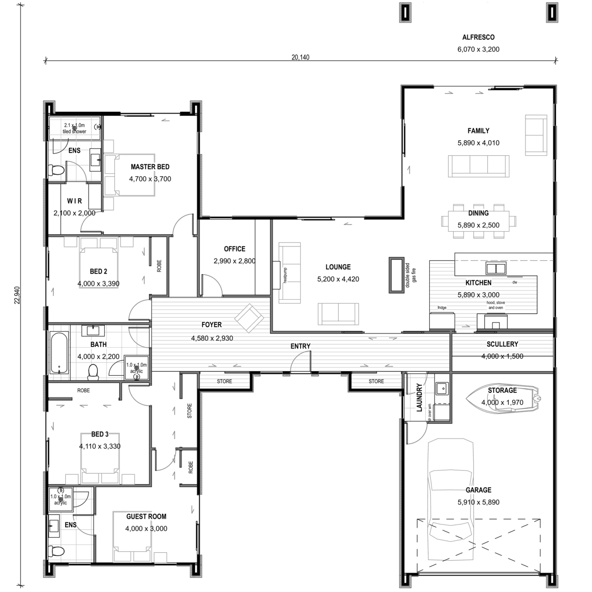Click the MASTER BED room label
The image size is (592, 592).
click(150, 167)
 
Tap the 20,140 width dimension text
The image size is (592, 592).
click(300, 57)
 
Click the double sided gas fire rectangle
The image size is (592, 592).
click(396, 275)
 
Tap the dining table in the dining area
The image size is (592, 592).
click(478, 221)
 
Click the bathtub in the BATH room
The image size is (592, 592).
click(59, 353)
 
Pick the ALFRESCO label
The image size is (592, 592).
click(478, 37)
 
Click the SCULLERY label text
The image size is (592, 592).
click(502, 344)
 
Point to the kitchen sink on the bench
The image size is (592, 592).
click(496, 268)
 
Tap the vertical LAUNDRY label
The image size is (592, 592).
click(419, 397)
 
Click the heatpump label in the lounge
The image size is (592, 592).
click(285, 275)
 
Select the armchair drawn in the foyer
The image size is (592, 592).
click(249, 318)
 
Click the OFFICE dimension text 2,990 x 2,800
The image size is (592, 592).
click(234, 261)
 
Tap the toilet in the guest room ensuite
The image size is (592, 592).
click(56, 551)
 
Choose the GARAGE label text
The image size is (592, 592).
click(478, 490)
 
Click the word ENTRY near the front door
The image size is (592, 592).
click(300, 346)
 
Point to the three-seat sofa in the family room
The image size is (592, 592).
click(478, 166)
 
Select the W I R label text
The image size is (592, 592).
click(74, 201)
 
